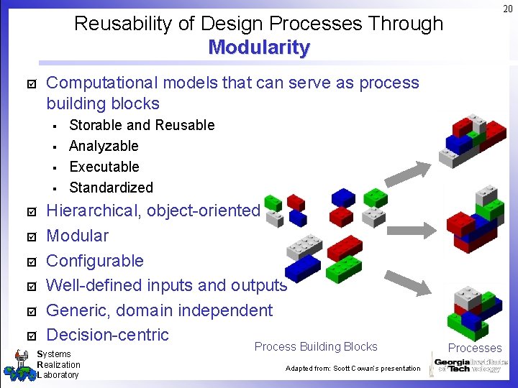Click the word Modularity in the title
(x=259, y=48)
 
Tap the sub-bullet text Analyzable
(x=104, y=146)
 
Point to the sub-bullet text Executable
(x=104, y=167)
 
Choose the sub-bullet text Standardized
(x=111, y=188)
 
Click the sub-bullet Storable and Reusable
(x=142, y=125)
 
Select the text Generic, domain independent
(x=159, y=310)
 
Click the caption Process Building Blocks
(x=316, y=346)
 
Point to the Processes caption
(x=475, y=348)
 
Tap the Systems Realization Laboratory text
(x=58, y=364)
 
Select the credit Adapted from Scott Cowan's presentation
(x=353, y=369)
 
